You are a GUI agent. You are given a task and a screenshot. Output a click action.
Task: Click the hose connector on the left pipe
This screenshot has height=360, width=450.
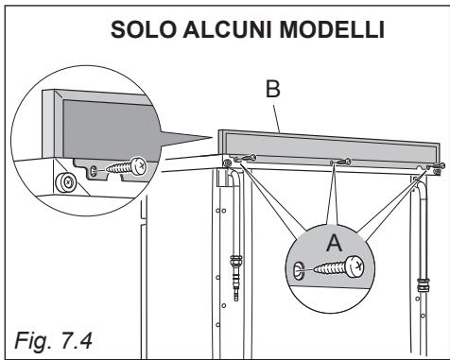(x=235, y=281)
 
